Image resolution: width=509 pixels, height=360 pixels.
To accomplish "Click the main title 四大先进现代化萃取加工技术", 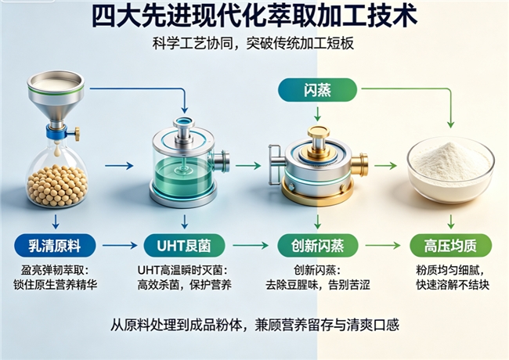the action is [254, 16].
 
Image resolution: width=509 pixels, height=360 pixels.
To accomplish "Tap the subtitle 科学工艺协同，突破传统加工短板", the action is [253, 44].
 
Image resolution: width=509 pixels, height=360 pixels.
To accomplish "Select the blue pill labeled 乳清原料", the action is [55, 246].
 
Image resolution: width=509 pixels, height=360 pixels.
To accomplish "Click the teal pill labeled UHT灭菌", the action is [184, 246].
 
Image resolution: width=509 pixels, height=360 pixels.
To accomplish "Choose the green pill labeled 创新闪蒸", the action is [317, 246].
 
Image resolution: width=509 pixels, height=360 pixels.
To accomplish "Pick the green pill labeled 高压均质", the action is [451, 246].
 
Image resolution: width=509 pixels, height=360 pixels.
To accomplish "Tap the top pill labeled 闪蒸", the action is [317, 90].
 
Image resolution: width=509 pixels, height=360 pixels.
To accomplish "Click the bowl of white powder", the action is [451, 171].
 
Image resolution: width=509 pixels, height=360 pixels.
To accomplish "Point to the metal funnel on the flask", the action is [56, 97].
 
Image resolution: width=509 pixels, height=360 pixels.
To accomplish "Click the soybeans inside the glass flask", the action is [57, 185].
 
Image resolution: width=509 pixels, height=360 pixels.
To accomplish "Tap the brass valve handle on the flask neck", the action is [76, 133].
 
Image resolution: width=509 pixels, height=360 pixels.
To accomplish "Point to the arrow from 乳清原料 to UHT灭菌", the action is [120, 246].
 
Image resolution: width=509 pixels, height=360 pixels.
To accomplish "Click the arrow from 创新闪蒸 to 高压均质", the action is [383, 246].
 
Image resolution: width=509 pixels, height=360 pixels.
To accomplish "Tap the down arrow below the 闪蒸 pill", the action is [318, 113].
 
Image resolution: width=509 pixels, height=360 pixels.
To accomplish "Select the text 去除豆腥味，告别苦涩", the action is [317, 285].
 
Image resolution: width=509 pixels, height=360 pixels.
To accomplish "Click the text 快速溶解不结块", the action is [453, 285].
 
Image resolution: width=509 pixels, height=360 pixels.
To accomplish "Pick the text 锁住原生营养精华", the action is [55, 285].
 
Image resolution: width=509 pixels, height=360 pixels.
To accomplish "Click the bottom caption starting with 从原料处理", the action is [254, 326].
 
